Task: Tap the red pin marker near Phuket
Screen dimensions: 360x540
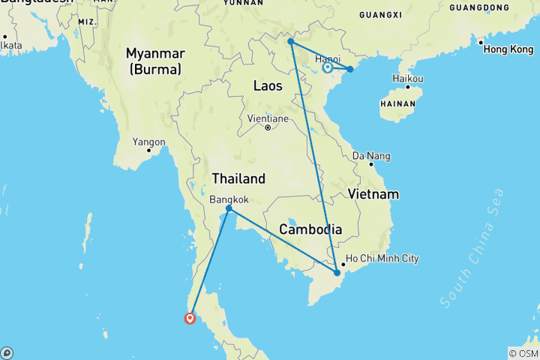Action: [x=190, y=318]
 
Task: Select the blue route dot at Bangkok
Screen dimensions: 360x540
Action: [x=229, y=208]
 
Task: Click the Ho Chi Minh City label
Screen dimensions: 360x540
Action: [x=382, y=259]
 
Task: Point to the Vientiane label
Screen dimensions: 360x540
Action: [x=268, y=118]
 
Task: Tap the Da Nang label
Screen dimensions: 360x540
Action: [x=372, y=156]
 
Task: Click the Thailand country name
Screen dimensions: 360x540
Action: [x=238, y=178]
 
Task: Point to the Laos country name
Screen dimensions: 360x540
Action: [x=268, y=85]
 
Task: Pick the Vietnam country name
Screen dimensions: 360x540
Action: [x=373, y=194]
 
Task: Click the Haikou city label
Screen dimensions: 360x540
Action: [x=408, y=79]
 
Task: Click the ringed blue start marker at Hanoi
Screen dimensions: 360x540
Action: [x=328, y=68]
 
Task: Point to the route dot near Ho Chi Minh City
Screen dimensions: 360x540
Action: [x=337, y=272]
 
